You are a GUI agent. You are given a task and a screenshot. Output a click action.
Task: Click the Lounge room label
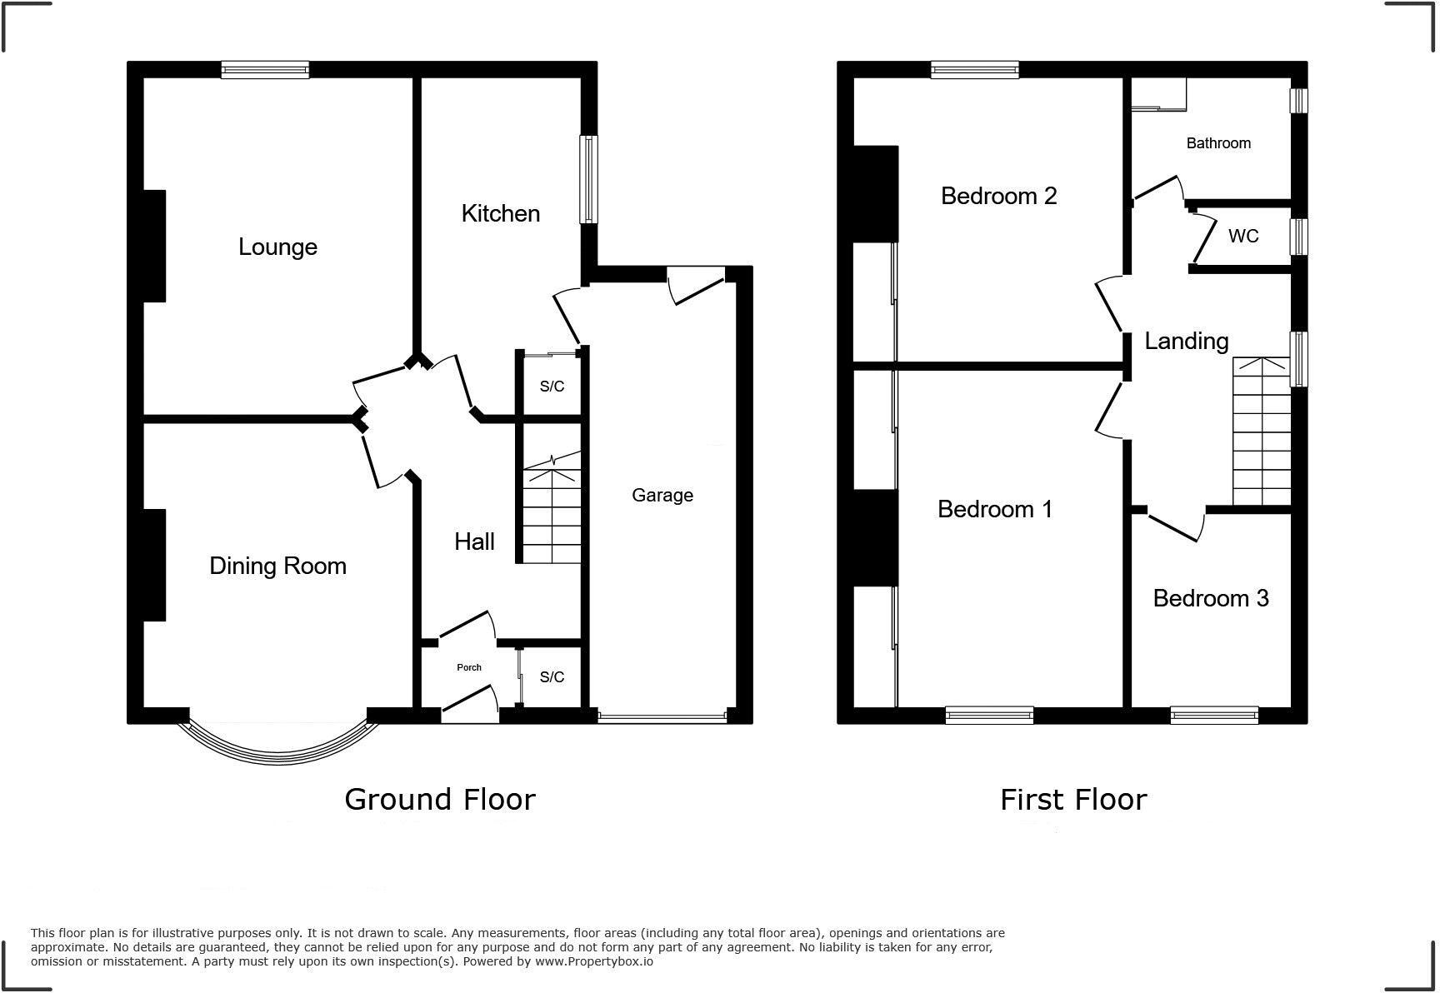point(277,247)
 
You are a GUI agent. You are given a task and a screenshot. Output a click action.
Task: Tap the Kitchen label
point(500,213)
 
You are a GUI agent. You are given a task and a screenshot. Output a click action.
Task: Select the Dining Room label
point(277,566)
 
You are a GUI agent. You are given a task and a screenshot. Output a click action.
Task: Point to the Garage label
point(662,495)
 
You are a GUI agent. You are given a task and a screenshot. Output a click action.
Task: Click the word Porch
point(469,667)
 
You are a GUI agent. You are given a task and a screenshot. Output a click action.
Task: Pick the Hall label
point(474,541)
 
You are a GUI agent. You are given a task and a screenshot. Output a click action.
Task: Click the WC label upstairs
point(1242,237)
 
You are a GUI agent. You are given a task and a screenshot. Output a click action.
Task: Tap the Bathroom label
point(1217,143)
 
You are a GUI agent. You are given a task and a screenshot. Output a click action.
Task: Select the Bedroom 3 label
point(1210,598)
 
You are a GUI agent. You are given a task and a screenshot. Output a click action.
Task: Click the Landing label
point(1186,341)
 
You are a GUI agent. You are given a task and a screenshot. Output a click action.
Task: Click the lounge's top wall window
point(265,70)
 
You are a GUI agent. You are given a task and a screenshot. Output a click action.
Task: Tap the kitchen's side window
point(588,179)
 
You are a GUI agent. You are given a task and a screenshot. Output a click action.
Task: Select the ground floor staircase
point(551,509)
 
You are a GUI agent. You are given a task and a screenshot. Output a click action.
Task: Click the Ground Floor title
point(439,799)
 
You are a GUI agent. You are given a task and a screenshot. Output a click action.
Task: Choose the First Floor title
point(1072,799)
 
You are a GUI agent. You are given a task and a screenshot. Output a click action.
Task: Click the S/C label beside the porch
point(552,677)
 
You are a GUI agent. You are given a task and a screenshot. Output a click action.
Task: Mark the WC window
point(1298,237)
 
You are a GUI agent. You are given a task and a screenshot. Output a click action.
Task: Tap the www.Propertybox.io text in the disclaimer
point(593,961)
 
